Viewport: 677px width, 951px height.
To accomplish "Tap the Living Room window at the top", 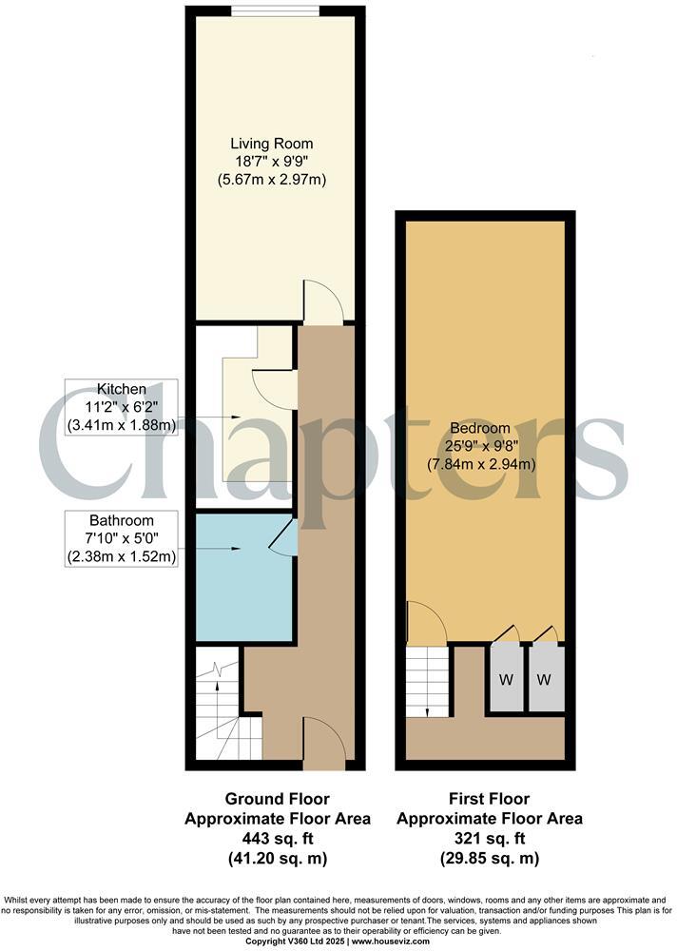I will point(275,11).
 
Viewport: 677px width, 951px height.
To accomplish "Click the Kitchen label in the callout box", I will point(121,389).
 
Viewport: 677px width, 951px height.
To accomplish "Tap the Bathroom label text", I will point(121,521).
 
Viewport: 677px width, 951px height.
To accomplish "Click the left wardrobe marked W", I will point(507,679).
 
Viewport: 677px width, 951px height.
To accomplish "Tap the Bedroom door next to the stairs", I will point(426,623).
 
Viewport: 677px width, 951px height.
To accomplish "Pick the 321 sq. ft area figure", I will point(489,839).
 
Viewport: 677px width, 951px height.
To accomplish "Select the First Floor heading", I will point(489,799).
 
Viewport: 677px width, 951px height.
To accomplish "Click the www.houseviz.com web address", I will point(389,941).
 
